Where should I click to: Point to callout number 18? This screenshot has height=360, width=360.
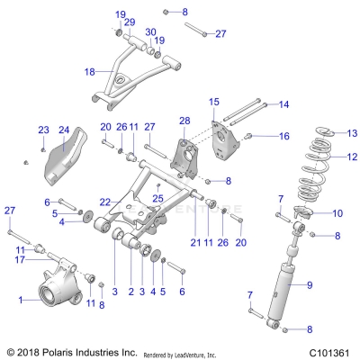(89, 70)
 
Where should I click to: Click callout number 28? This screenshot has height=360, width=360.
(184, 121)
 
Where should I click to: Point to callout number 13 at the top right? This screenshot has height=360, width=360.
(339, 132)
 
